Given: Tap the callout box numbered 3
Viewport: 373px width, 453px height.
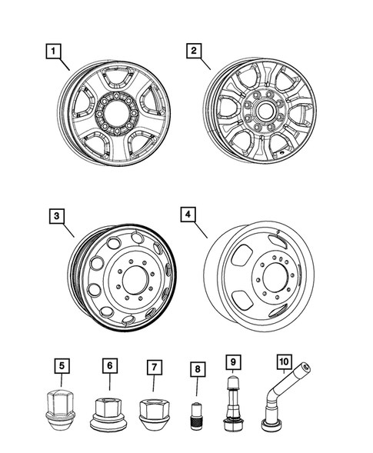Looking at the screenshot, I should pyautogui.click(x=55, y=216).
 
